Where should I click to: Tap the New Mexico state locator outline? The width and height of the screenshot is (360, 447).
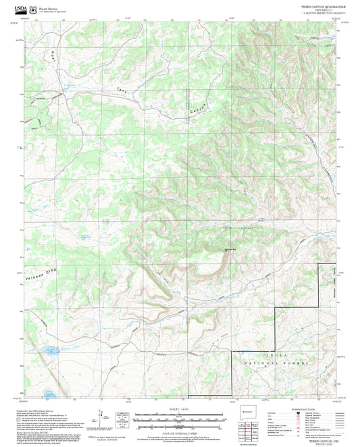[x=245, y=411]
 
